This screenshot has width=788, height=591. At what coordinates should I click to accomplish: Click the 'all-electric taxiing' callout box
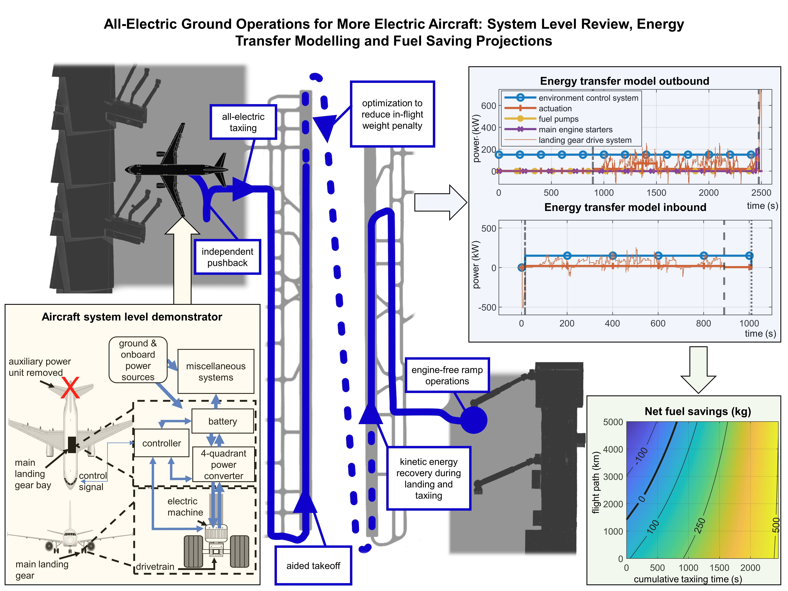pos(243,122)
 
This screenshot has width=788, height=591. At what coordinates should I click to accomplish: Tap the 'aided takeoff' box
pos(313,565)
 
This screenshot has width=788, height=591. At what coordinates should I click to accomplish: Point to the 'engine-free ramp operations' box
pos(447,375)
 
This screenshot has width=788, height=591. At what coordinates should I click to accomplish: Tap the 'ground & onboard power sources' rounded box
pos(138,360)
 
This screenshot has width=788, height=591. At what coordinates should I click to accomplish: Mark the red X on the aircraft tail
pos(70,388)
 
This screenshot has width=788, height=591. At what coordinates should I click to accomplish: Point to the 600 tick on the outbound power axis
pos(488,106)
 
